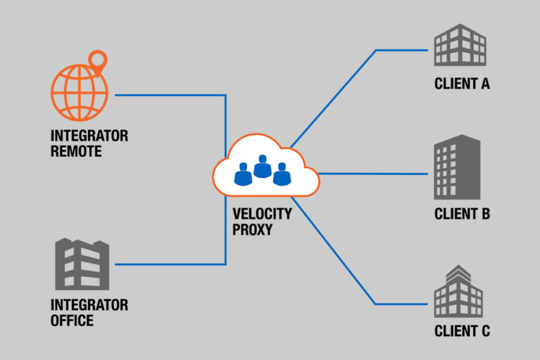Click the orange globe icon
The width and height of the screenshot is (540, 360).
(x=79, y=93)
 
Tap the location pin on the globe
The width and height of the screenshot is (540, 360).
(x=99, y=60)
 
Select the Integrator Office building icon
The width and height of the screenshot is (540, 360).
(x=82, y=264)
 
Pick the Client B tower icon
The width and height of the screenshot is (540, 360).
(x=456, y=167)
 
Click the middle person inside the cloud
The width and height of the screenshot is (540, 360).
(x=263, y=167)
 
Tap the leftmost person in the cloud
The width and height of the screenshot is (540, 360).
(x=243, y=174)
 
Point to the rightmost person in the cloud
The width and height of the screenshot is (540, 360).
(x=282, y=174)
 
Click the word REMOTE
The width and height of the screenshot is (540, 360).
(x=76, y=151)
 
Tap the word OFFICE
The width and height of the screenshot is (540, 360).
(x=72, y=321)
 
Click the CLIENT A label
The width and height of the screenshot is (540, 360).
(x=461, y=84)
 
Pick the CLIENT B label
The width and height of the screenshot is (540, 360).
(x=461, y=214)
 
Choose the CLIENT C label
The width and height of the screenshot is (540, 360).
(x=461, y=331)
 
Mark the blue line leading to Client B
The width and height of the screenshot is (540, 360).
(x=373, y=173)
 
